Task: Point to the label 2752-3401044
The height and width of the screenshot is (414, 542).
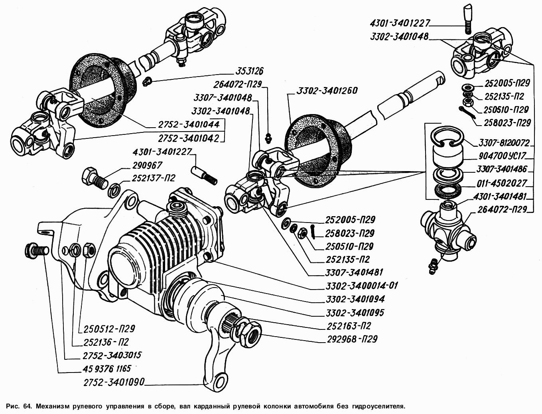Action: (x=189, y=124)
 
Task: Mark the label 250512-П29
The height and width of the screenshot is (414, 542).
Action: (x=109, y=329)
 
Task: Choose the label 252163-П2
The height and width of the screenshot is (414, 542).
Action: (x=348, y=326)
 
